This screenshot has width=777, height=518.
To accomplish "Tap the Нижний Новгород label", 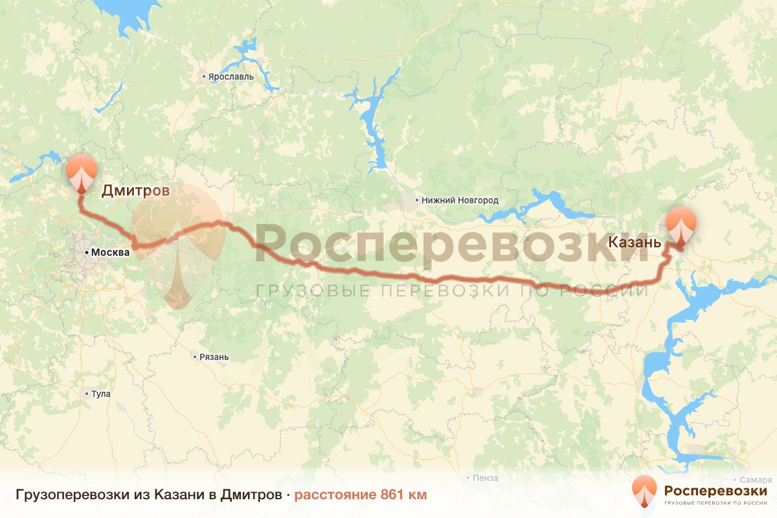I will coord(460,201).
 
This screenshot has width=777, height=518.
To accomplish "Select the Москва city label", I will coord(110,252).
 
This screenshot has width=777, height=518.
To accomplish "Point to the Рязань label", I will coord(214,357).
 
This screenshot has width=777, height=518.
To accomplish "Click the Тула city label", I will coord(101,394).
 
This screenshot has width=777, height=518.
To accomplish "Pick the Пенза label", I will coord(486,479).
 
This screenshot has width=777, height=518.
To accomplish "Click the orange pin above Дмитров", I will coord(82,171).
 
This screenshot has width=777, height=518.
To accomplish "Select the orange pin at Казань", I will coord(682,224).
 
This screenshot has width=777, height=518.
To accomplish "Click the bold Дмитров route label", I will coord(135,191).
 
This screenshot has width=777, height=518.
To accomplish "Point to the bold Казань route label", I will coord(635,243).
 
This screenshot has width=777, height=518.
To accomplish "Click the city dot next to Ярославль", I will coord(204,76).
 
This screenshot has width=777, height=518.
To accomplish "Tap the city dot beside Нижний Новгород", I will coord(417,201).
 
